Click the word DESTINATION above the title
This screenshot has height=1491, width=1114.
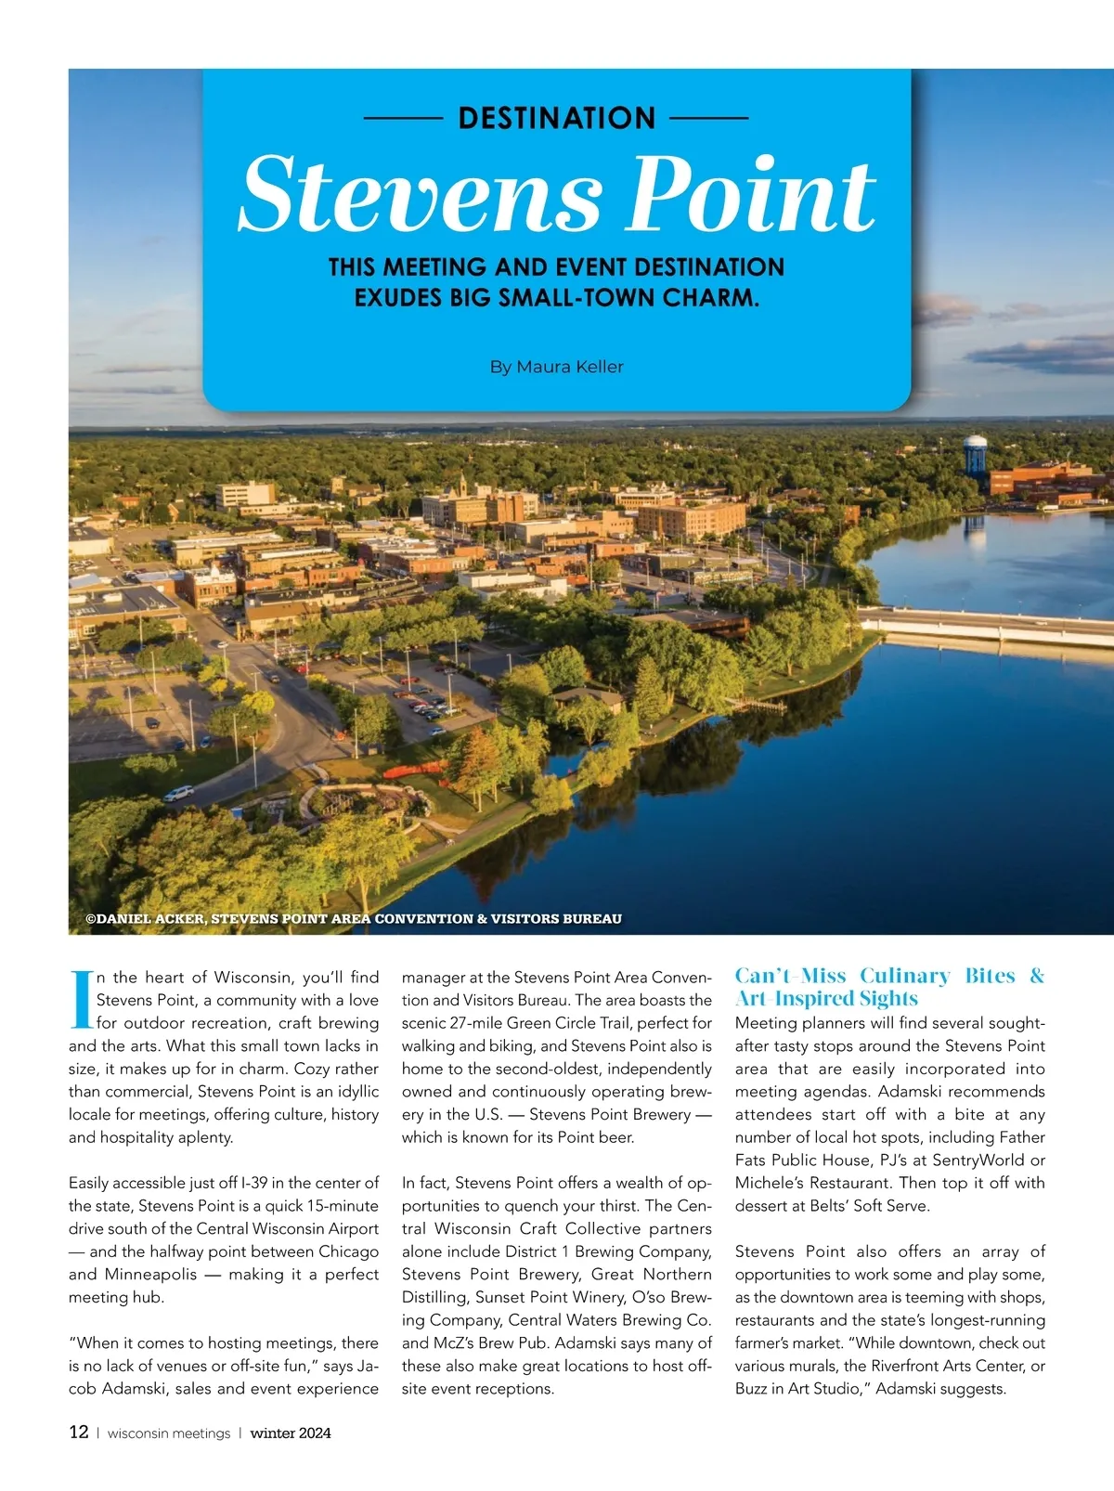coord(557,118)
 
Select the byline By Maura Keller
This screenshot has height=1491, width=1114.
coord(557,367)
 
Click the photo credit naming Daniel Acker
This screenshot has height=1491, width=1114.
coord(353,918)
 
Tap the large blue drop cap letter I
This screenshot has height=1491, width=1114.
coord(81,1000)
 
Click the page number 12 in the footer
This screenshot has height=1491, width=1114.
coord(79,1432)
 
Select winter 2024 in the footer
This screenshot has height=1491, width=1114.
coord(291,1433)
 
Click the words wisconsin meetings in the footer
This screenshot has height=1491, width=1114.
coord(169,1433)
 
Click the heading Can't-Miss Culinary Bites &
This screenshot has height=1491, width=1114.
coord(889,976)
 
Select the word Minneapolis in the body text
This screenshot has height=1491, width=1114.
coord(150,1275)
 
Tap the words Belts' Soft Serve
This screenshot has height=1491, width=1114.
coord(833,1206)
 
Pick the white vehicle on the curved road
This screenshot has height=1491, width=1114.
coord(179,793)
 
